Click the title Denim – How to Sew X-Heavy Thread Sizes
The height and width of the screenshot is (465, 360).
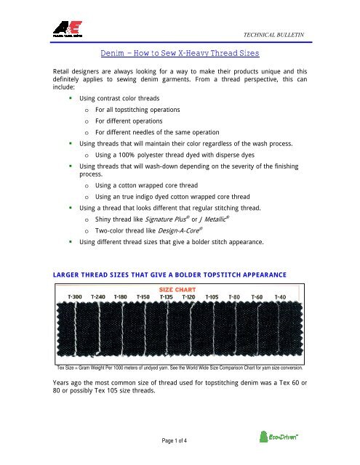179,54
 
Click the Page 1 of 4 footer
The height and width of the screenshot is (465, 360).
179,443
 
